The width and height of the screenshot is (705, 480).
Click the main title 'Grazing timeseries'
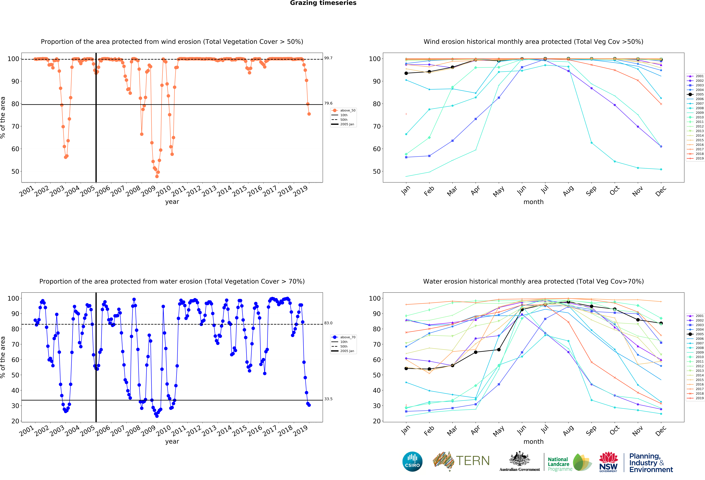pyautogui.click(x=323, y=3)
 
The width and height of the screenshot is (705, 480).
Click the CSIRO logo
pyautogui.click(x=412, y=462)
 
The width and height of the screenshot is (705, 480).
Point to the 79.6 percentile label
pyautogui.click(x=328, y=103)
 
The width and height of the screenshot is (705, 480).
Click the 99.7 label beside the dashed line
pyautogui.click(x=328, y=58)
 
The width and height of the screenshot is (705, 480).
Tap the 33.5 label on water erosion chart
pyautogui.click(x=328, y=399)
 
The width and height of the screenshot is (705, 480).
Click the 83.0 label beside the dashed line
pyautogui.click(x=328, y=323)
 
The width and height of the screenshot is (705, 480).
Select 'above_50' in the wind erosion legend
pyautogui.click(x=347, y=110)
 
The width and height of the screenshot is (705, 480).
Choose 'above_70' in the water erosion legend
pyautogui.click(x=347, y=337)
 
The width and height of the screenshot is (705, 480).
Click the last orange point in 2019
pyautogui.click(x=309, y=114)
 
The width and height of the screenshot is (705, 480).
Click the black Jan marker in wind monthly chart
pyautogui.click(x=406, y=73)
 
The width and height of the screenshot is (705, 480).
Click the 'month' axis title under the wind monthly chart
pyautogui.click(x=533, y=202)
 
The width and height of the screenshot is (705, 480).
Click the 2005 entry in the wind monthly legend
pyautogui.click(x=697, y=94)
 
